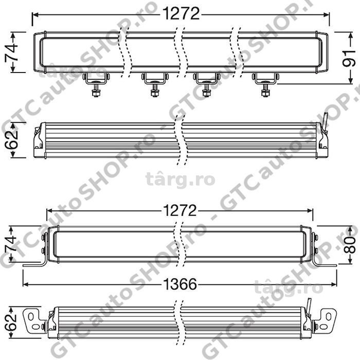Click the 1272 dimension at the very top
(181, 14)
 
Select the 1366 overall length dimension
(180, 284)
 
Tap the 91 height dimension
(349, 58)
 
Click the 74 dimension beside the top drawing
(12, 52)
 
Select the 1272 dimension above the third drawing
(180, 210)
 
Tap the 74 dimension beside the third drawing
(11, 244)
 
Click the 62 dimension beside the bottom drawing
(12, 322)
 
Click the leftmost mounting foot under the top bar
(96, 84)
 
